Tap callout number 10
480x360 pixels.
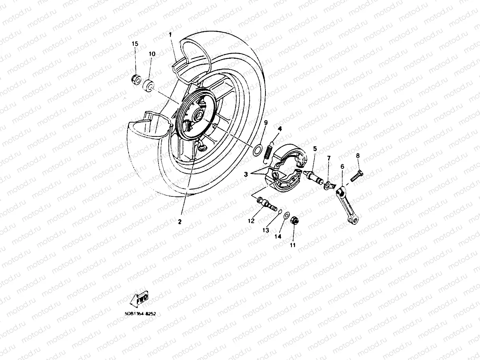152,54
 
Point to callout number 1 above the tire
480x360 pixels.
170,35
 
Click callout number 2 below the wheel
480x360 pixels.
179,222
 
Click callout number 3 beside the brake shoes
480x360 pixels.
246,174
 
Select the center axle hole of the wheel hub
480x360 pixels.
198,116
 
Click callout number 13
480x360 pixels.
266,229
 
